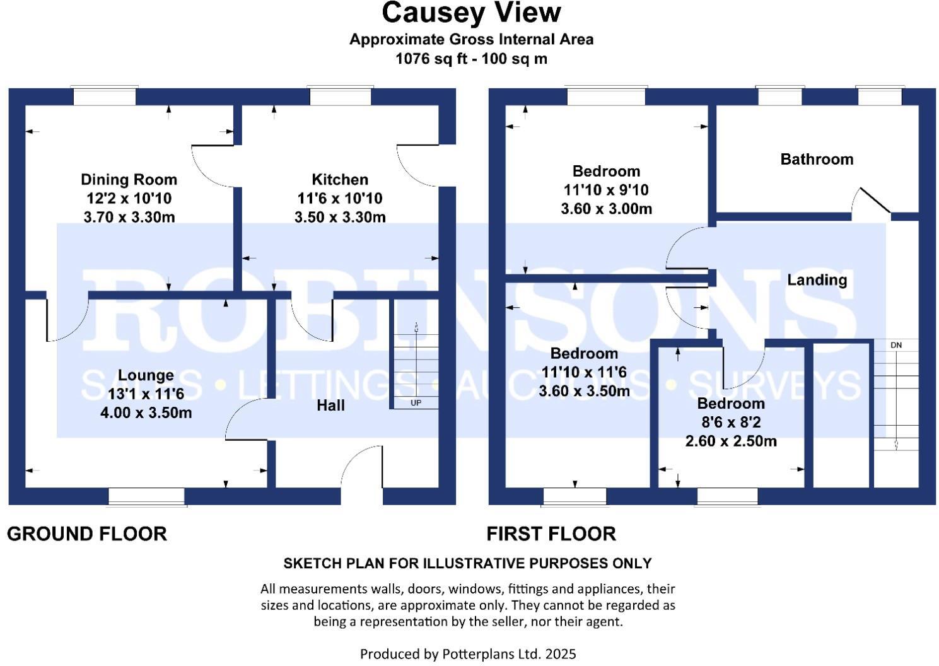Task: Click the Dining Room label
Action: click(129, 180)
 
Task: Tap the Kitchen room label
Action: click(340, 180)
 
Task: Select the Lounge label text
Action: click(146, 375)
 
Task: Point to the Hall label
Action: click(330, 406)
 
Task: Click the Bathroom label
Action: click(817, 160)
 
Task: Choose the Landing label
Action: click(817, 279)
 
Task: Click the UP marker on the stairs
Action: click(416, 402)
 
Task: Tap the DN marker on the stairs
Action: click(896, 345)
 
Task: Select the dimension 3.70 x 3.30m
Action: click(129, 218)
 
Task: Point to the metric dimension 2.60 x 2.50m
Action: click(731, 441)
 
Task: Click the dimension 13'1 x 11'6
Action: click(146, 394)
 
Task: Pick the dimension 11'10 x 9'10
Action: click(606, 190)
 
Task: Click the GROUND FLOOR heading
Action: click(87, 534)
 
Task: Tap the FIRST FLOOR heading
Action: click(551, 534)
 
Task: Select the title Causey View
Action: click(471, 13)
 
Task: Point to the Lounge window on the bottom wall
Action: click(146, 496)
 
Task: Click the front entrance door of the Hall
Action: click(361, 470)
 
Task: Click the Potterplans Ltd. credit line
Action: click(468, 654)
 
